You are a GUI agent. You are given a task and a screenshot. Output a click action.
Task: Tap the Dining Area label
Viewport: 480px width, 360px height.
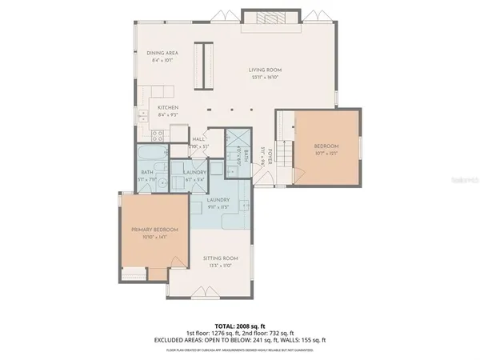coord(162,53)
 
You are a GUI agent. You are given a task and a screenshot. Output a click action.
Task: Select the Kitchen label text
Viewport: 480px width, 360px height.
coord(167,107)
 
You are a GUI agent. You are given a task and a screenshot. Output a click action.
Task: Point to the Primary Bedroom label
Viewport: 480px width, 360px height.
coord(154,230)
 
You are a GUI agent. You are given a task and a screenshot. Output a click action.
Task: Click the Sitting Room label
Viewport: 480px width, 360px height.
coord(221,258)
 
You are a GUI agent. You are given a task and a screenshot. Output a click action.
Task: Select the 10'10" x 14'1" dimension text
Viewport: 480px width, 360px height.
coord(154,237)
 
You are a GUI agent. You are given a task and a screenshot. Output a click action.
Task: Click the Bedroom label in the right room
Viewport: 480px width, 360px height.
coord(326,146)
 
